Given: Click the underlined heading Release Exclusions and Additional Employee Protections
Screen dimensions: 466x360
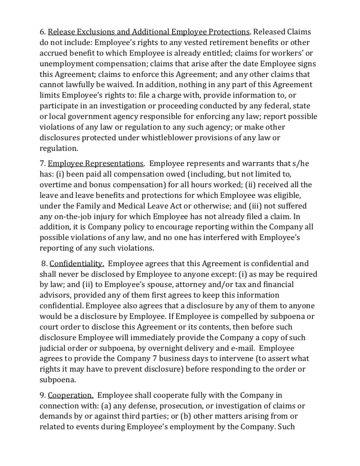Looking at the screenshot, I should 149,32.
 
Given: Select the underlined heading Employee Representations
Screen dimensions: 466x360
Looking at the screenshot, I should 96,164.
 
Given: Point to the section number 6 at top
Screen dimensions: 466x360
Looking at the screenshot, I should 42,32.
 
